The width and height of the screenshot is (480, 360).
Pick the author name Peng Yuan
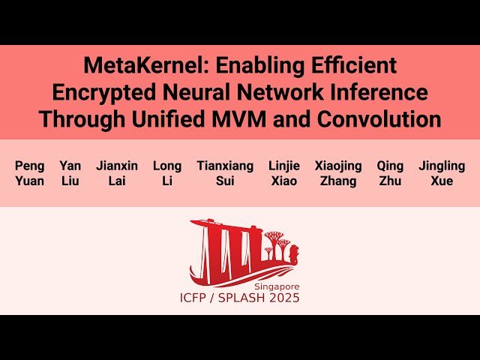(x=30, y=173)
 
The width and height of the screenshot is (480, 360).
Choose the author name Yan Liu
(x=70, y=173)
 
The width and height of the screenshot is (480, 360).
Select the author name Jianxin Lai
(x=117, y=173)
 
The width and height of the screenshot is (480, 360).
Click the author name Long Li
(x=167, y=173)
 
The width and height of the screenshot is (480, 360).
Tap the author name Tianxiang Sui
(x=225, y=173)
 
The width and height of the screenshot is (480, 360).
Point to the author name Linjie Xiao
(x=284, y=173)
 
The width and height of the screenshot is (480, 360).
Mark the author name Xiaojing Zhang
(x=338, y=173)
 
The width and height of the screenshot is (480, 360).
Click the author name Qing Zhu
(x=390, y=173)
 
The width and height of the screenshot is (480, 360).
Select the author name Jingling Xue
(x=442, y=173)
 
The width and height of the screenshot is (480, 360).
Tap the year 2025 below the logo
(x=284, y=298)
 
